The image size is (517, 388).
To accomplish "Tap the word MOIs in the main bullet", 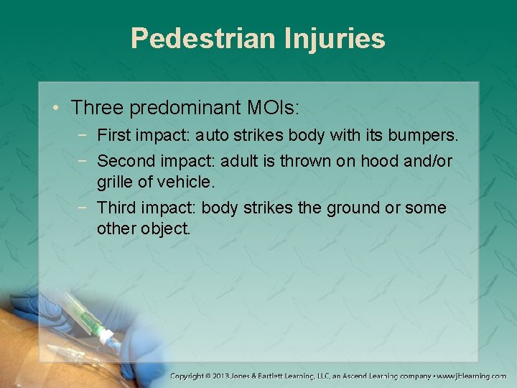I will pyautogui.click(x=267, y=108).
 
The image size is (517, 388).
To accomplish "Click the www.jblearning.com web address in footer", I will pyautogui.click(x=471, y=376).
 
